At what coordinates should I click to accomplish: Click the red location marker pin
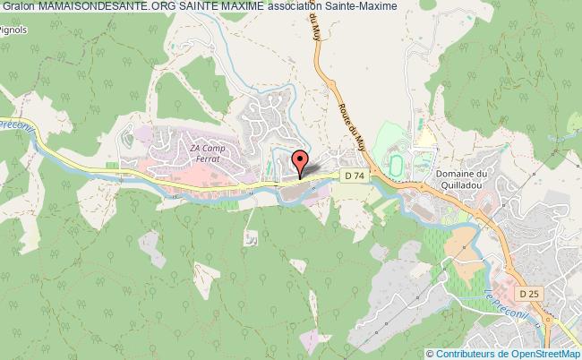point(301,163)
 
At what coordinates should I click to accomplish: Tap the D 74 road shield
point(353,177)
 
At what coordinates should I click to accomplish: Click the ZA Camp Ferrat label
point(206,153)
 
